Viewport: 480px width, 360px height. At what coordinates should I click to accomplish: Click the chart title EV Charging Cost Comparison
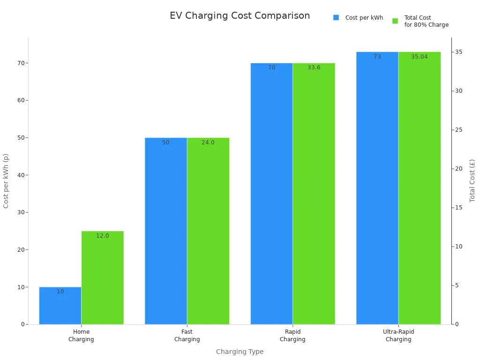click(240, 16)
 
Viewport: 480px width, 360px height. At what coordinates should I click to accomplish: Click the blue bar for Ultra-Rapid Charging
click(377, 187)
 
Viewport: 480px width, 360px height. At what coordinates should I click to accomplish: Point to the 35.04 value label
click(419, 57)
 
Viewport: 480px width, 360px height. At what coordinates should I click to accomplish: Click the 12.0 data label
click(103, 236)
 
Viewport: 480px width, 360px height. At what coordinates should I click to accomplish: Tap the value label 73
click(377, 57)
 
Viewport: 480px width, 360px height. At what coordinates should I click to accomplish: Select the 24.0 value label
click(208, 142)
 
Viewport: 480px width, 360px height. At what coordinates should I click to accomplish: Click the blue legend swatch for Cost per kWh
click(336, 18)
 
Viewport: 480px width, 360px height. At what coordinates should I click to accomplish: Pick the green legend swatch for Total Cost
click(395, 21)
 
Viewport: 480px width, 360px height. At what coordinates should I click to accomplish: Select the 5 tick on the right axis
click(457, 285)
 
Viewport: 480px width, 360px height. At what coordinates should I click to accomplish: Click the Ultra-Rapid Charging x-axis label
click(398, 336)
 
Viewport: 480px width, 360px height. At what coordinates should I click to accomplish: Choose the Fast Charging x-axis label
click(187, 336)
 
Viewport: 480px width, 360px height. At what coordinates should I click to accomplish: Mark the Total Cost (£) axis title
click(472, 180)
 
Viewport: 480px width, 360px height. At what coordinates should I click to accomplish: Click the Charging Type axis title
click(240, 352)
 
